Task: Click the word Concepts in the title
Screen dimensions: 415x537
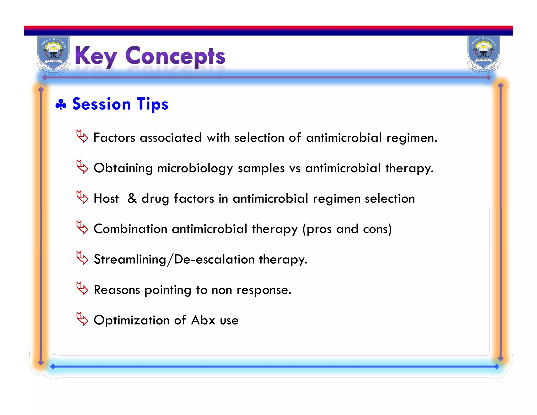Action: coord(175,56)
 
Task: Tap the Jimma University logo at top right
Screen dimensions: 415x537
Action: coord(483,54)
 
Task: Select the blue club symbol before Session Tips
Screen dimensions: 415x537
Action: coord(61,104)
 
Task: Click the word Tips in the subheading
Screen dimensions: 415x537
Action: coord(152,104)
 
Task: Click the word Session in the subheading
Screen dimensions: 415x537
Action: coord(101,104)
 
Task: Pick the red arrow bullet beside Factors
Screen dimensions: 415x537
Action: coord(82,136)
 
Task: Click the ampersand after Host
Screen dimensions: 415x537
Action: coord(132,198)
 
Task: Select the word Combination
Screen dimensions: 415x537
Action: coord(130,229)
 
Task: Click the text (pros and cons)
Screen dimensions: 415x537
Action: coord(347,229)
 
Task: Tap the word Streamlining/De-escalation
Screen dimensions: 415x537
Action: coord(174,259)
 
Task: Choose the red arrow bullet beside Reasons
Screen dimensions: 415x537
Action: coord(82,288)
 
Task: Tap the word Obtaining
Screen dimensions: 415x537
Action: coord(123,168)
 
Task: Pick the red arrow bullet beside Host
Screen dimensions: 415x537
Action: coord(82,197)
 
